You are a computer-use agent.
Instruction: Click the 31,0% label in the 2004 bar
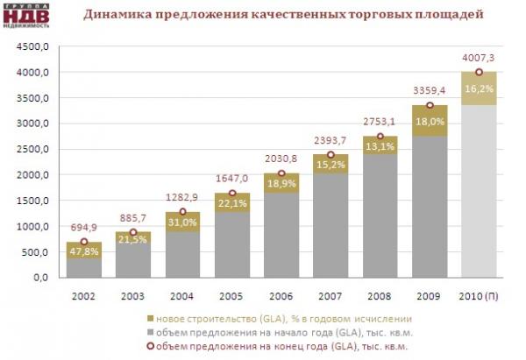tap(181, 224)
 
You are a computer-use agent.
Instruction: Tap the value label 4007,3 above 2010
tap(478, 58)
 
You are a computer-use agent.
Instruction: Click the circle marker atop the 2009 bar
tap(429, 105)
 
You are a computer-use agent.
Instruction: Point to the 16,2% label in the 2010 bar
tap(478, 89)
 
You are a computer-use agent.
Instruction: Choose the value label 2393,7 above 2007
tap(331, 140)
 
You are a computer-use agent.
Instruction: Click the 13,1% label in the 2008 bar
tap(380, 147)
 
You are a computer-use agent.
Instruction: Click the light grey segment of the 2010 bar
tap(478, 193)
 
